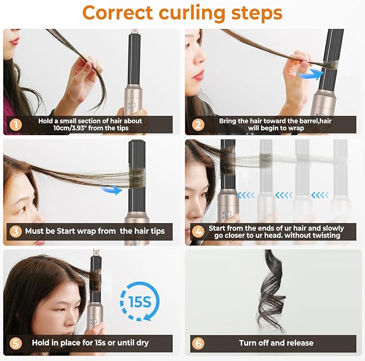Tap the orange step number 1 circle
point(16,125)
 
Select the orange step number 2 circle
point(198,125)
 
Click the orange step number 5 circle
point(16,342)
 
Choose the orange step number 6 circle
point(198,343)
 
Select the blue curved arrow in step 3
point(112,188)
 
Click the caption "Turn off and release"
point(276,343)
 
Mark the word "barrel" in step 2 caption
point(299,121)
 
